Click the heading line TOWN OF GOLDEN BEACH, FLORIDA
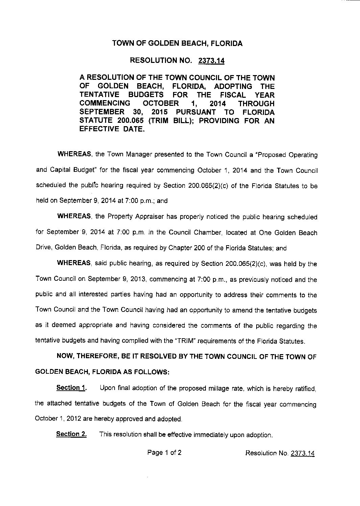(177, 44)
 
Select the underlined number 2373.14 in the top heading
(212, 61)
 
